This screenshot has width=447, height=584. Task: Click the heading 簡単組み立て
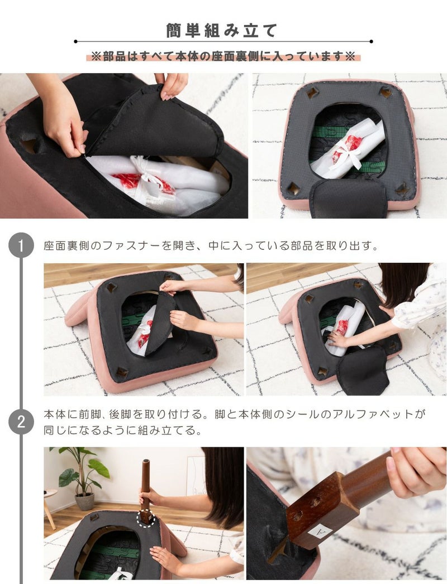(222, 31)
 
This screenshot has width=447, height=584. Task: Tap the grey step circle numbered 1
(21, 245)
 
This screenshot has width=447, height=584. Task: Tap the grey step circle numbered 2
(21, 422)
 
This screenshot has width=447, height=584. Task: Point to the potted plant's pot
(85, 501)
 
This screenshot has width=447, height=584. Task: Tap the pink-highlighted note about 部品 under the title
(223, 56)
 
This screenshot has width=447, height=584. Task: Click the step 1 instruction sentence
(211, 246)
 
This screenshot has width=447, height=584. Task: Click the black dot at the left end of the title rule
(75, 41)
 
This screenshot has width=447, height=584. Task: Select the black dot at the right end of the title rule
(371, 41)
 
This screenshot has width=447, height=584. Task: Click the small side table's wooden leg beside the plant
(50, 512)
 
